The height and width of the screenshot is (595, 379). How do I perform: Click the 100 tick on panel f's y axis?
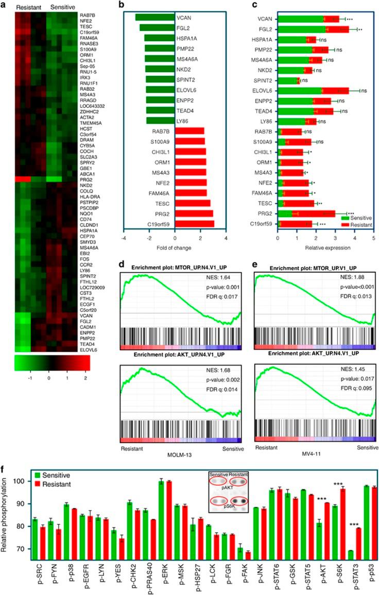(x=21, y=481)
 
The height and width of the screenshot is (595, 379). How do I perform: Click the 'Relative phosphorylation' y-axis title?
(x=6, y=516)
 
